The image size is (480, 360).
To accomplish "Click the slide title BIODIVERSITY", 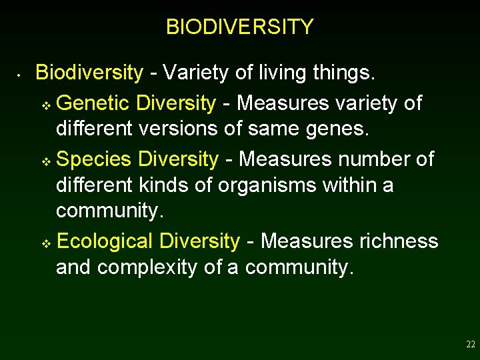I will [239, 27].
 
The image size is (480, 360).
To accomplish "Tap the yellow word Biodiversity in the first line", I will [89, 73].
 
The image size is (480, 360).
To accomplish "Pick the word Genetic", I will [93, 103].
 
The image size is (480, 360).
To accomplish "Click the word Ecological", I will [105, 241].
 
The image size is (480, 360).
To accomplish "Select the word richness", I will [398, 241].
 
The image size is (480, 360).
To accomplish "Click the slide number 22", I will [471, 345].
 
